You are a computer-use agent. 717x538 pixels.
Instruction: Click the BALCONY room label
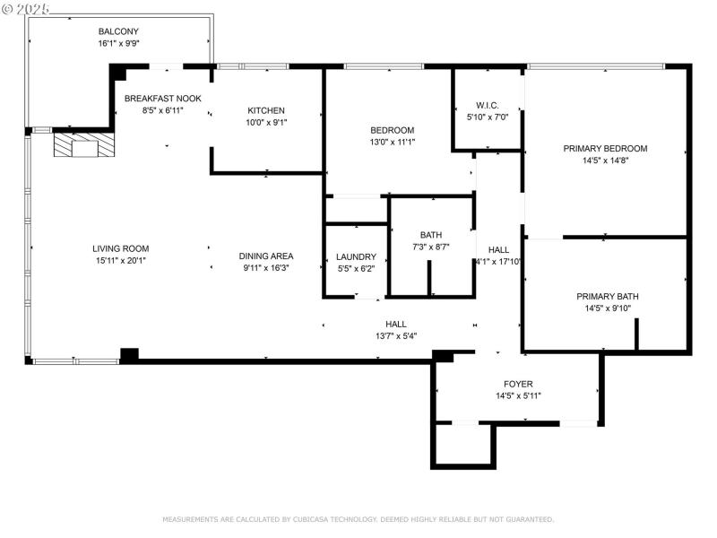(x=118, y=31)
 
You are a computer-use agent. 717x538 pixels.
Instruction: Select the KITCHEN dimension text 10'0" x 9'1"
(x=266, y=122)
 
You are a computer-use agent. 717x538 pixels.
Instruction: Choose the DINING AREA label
(x=266, y=256)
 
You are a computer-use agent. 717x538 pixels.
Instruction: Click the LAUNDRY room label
(x=356, y=256)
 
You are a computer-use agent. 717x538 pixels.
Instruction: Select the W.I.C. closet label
(x=488, y=105)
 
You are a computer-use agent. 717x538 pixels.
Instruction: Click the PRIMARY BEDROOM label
(x=605, y=149)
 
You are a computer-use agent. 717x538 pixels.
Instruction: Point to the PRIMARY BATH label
(x=607, y=297)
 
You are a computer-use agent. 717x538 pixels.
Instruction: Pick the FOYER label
(x=518, y=384)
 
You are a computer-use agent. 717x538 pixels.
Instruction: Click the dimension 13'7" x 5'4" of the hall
(x=395, y=336)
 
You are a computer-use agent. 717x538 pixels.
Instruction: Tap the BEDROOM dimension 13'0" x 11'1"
(x=392, y=142)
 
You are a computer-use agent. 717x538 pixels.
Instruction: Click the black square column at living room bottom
(x=129, y=355)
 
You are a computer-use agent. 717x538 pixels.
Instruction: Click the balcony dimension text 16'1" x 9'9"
(x=118, y=43)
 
